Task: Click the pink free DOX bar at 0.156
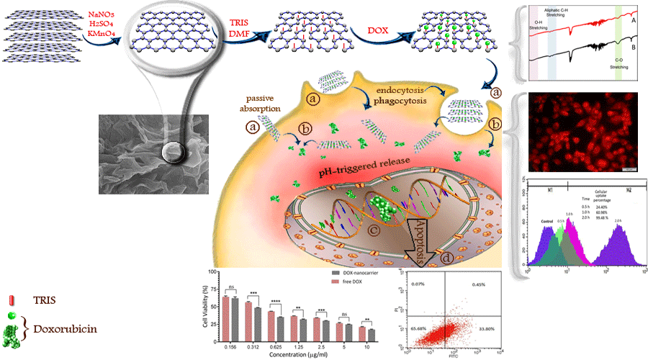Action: pyautogui.click(x=225, y=318)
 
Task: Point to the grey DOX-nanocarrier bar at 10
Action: pyautogui.click(x=372, y=334)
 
